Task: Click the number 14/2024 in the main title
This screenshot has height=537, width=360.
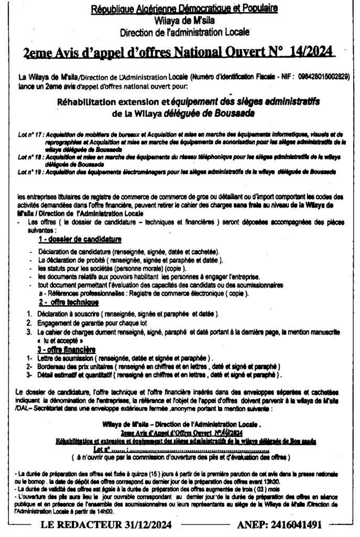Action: pos(312,53)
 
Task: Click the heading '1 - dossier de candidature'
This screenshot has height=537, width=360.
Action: pos(80,240)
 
